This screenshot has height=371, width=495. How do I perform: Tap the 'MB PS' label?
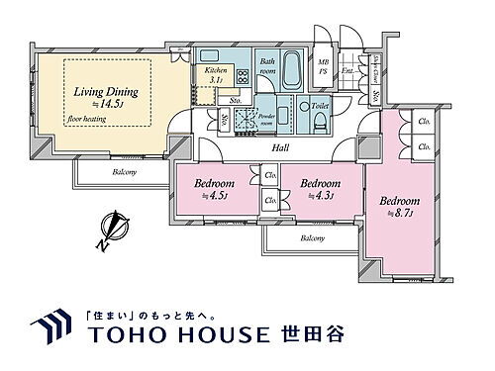click(x=324, y=66)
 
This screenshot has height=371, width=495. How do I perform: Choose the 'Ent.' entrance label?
click(x=346, y=71)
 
